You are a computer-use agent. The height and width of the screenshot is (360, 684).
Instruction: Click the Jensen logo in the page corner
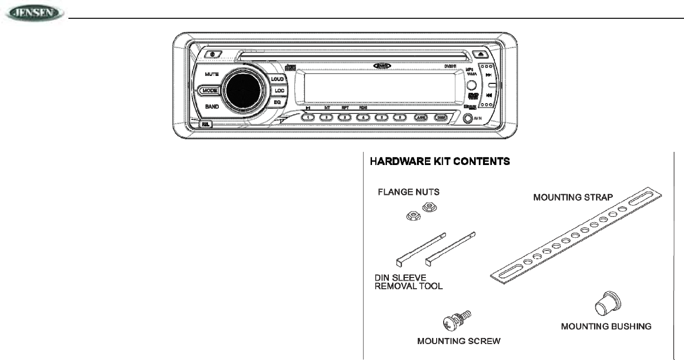[33, 13]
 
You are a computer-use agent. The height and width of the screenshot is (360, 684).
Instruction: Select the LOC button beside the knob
[280, 90]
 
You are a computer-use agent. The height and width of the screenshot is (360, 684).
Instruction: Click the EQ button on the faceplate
[277, 102]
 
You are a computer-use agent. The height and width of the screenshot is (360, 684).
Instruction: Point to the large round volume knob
[244, 90]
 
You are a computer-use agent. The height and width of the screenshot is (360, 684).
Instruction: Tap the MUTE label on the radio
[212, 75]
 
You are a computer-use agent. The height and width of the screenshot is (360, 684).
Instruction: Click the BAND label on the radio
[212, 106]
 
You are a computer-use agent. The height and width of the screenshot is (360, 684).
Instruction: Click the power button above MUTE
[213, 53]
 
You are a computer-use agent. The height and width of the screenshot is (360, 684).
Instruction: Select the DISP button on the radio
[440, 117]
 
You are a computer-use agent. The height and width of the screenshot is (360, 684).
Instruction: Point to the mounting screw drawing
[452, 322]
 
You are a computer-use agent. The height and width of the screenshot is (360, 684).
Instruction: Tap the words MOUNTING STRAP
[572, 197]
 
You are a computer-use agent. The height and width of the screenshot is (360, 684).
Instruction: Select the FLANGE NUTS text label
[409, 192]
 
